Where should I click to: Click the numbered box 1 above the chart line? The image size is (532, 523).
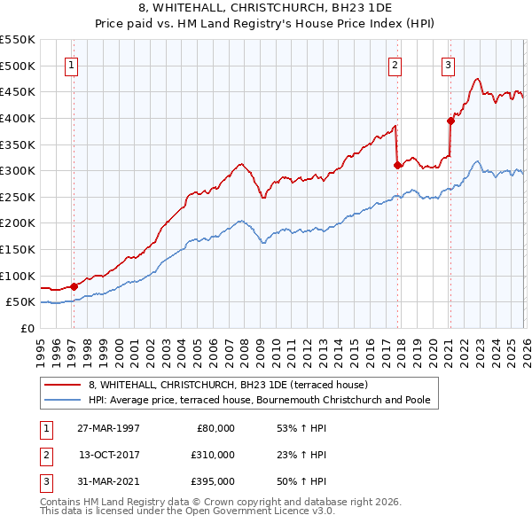click(70, 65)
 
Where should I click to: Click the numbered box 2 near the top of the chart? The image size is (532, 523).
click(394, 65)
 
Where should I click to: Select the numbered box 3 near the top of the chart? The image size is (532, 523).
click(449, 65)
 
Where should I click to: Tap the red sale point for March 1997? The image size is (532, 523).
click(74, 285)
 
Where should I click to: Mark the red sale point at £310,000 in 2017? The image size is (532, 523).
click(397, 165)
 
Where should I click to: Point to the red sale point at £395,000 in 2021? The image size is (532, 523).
click(450, 121)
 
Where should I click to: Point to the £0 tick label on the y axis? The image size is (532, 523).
click(26, 328)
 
